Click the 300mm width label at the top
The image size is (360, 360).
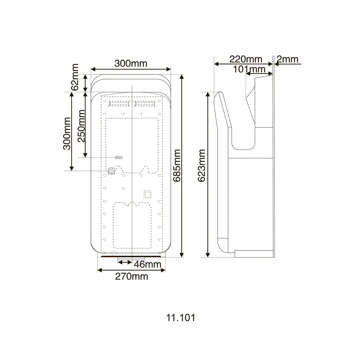(131, 63)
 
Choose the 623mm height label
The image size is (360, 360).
(202, 166)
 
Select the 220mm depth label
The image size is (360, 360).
(245, 59)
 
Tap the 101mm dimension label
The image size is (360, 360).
(250, 69)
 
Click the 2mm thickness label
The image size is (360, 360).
(288, 59)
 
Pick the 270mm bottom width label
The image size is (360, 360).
(132, 276)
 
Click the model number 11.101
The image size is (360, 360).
(180, 318)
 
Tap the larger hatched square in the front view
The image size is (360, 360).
(112, 171)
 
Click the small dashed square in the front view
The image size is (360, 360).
(148, 194)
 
